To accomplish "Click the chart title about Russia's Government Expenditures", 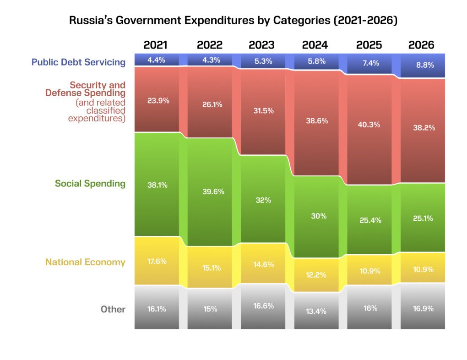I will tap(233, 21).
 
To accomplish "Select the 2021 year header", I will tap(156, 45).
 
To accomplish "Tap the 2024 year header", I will tap(315, 45).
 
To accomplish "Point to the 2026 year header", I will tap(421, 45).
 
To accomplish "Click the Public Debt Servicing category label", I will tap(78, 62).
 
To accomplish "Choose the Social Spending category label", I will tap(90, 184).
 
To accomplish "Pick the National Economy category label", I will tap(85, 262).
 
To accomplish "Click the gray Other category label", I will tap(113, 309).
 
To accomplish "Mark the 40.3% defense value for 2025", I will tap(369, 125).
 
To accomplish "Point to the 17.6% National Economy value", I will tap(157, 262).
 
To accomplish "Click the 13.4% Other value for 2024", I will tap(316, 311).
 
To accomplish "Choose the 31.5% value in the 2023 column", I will tap(263, 111).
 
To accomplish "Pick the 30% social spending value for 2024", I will tap(316, 216).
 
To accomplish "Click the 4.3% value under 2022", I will tap(210, 60).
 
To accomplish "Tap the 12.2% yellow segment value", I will tap(316, 275).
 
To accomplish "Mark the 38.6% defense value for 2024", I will tap(316, 121).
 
